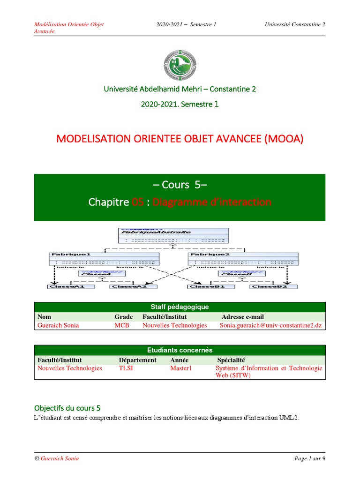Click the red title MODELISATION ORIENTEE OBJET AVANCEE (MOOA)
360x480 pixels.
(x=180, y=139)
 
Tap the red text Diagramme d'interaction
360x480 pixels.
(x=212, y=202)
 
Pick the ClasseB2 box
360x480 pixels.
(x=269, y=286)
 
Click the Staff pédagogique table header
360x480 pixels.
(x=180, y=307)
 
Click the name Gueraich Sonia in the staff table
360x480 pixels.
(x=58, y=325)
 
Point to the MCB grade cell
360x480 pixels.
(x=121, y=325)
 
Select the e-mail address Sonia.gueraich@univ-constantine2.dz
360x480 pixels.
(x=271, y=325)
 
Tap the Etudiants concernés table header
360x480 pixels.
(x=180, y=350)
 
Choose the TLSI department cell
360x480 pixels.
(x=126, y=368)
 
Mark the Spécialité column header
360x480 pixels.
(x=231, y=360)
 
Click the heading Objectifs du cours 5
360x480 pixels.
(x=67, y=407)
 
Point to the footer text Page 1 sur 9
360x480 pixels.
(x=309, y=458)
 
